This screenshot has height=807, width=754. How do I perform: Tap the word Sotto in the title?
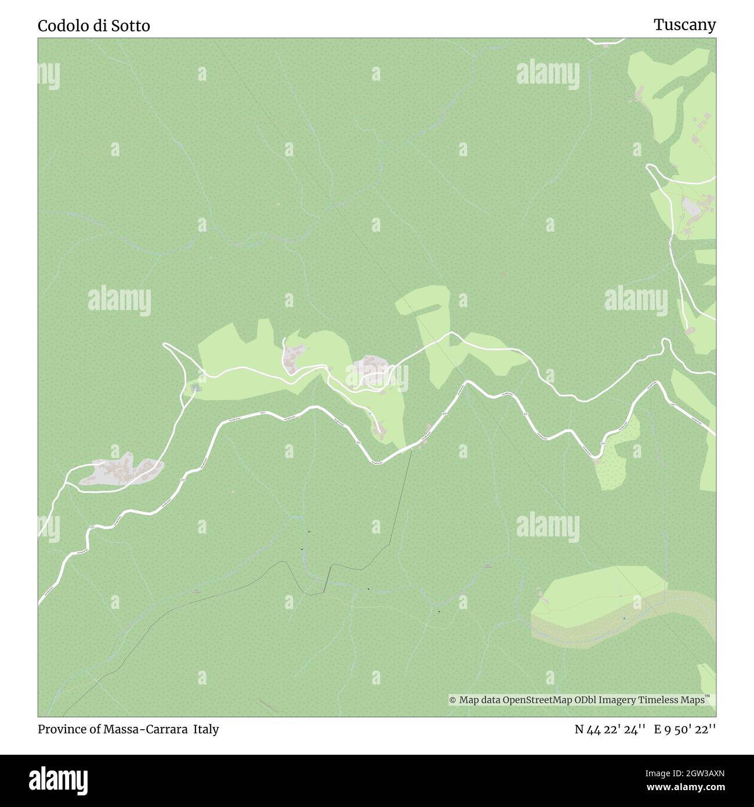tap(132, 26)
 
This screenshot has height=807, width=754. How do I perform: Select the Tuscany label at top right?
tap(684, 24)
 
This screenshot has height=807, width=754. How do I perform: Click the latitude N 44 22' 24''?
tap(609, 729)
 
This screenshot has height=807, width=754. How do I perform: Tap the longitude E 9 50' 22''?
tap(685, 729)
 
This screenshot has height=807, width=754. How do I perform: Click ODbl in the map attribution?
tap(589, 700)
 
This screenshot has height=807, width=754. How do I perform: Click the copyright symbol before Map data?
tap(453, 700)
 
